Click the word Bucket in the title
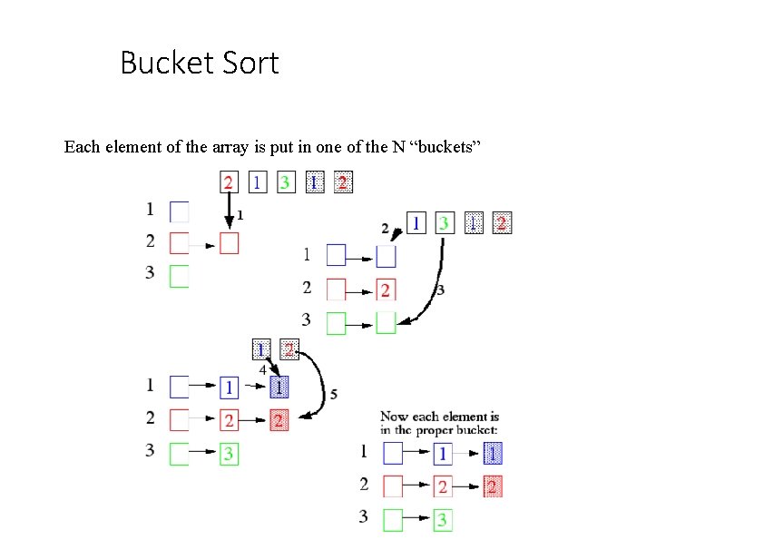pyautogui.click(x=163, y=64)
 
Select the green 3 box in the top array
pyautogui.click(x=286, y=182)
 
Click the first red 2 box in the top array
pyautogui.click(x=229, y=182)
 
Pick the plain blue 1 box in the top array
pyautogui.click(x=258, y=182)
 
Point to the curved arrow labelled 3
pyautogui.click(x=437, y=281)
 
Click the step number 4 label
pyautogui.click(x=262, y=370)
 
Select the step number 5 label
pyautogui.click(x=334, y=394)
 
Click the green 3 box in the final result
pyautogui.click(x=442, y=520)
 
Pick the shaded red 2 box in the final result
pyautogui.click(x=493, y=486)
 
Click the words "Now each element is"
pyautogui.click(x=439, y=416)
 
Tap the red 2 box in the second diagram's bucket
pyautogui.click(x=386, y=290)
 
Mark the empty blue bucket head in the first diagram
pyautogui.click(x=180, y=211)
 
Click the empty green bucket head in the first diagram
pyautogui.click(x=180, y=276)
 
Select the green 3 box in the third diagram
pyautogui.click(x=229, y=454)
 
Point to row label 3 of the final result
pyautogui.click(x=364, y=517)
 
